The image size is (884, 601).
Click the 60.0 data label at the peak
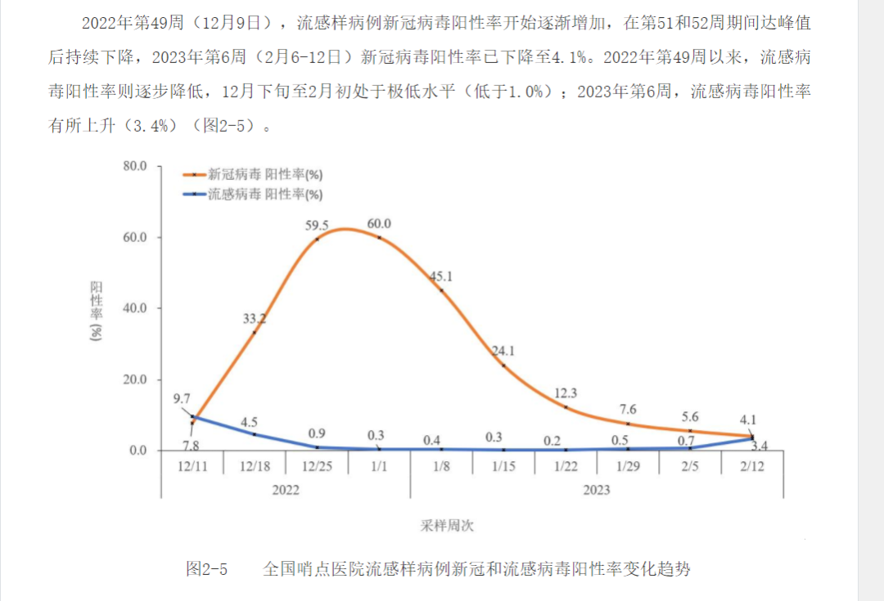379,224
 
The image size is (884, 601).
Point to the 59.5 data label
317,225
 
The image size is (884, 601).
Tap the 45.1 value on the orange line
441,276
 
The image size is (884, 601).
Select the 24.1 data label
503,352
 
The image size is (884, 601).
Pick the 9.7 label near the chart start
183,399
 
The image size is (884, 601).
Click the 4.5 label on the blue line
250,422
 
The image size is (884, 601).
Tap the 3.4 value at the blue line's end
759,446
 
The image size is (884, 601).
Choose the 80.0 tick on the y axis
133,166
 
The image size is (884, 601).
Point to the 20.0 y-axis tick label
133,379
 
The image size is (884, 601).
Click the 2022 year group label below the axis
286,490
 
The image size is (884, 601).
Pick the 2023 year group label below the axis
597,490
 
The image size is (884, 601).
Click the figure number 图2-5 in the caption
206,568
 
